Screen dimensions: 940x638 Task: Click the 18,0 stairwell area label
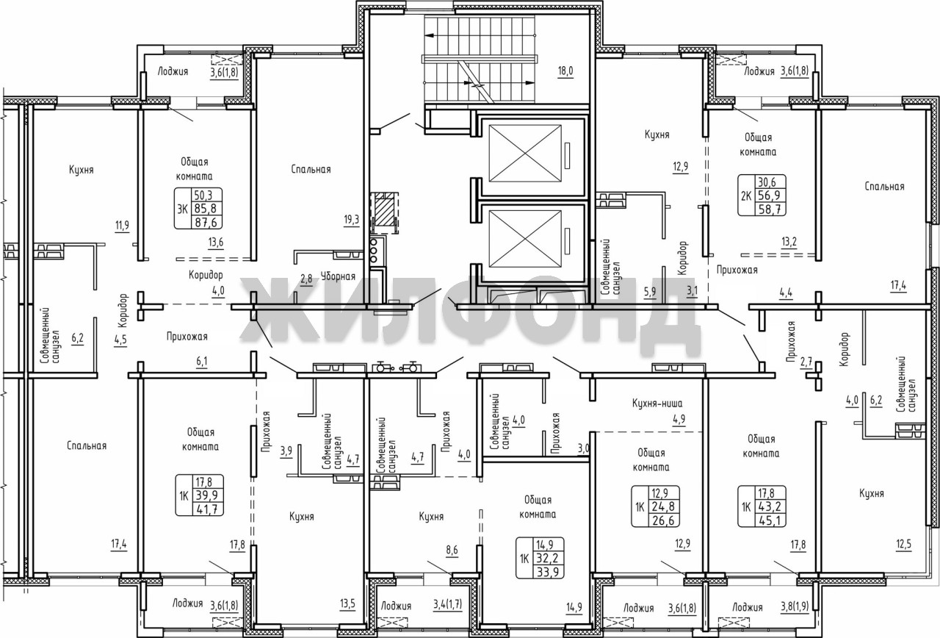point(565,71)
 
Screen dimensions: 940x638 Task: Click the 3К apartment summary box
point(198,209)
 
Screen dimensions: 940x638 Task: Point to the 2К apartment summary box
point(762,196)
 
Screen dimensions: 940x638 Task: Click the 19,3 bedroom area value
point(351,221)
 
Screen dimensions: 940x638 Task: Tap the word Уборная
point(338,276)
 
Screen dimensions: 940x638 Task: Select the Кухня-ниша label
point(657,404)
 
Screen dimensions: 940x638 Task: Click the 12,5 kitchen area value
point(903,545)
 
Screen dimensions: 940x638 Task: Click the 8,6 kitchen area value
point(452,551)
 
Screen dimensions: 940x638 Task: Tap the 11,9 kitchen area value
point(122,226)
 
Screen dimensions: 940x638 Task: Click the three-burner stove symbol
point(377,251)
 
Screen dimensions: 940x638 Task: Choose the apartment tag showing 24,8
point(656,506)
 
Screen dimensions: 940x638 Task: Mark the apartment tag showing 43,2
point(762,506)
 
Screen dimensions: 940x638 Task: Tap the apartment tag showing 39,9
point(200,495)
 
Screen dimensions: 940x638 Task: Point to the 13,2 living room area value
point(789,242)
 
